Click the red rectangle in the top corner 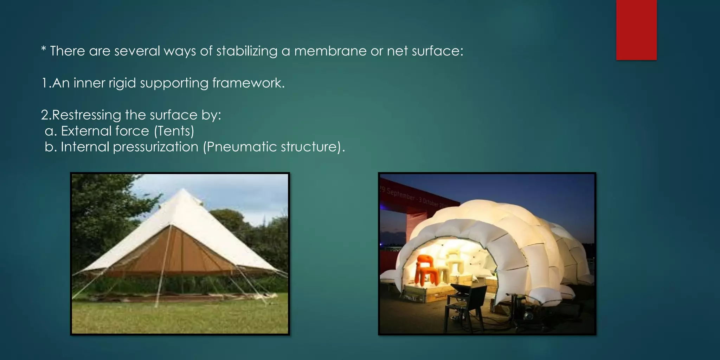636,30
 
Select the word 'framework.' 248,83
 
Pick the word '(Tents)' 174,131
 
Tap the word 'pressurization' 155,147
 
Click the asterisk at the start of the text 44,50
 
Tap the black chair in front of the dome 464,302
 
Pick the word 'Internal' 85,147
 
